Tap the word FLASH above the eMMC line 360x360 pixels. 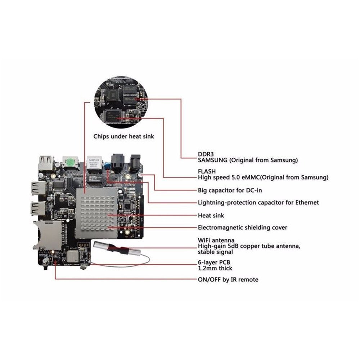click(x=207, y=171)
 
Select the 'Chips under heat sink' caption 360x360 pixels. click(x=123, y=136)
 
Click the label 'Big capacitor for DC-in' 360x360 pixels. click(x=230, y=190)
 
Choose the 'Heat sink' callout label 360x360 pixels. click(x=211, y=215)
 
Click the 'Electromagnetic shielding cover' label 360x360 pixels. click(x=242, y=228)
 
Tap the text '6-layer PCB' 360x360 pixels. click(x=214, y=262)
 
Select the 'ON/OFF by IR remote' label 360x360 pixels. click(x=228, y=279)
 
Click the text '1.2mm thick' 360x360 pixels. click(x=215, y=268)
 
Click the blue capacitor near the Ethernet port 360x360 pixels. click(x=107, y=166)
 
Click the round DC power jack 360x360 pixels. click(x=135, y=163)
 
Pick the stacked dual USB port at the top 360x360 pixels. click(x=46, y=164)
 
